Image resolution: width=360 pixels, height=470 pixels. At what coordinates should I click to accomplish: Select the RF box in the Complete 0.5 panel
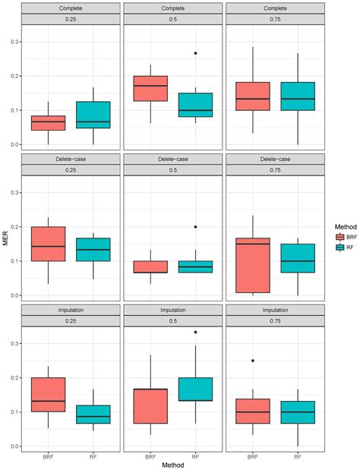coord(196,105)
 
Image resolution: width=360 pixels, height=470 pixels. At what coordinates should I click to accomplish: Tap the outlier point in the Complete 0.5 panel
coord(196,53)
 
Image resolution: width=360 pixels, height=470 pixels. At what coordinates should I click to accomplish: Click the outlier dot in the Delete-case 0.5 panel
coord(196,227)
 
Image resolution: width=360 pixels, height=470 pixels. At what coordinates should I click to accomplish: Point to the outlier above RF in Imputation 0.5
coord(196,332)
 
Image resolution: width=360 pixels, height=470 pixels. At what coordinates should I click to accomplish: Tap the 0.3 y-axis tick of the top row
coord(17,42)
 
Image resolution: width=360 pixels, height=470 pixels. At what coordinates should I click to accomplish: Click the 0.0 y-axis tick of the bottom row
coord(17,446)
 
